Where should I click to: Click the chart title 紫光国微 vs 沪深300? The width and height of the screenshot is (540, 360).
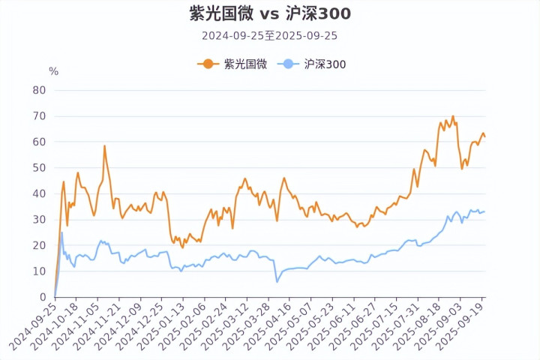click(269, 13)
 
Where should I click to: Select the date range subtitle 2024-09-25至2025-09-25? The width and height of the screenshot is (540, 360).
click(269, 35)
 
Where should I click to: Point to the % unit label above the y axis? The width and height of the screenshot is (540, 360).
click(53, 71)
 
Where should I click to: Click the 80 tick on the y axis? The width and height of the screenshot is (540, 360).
click(39, 90)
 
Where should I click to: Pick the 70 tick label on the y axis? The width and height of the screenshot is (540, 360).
click(39, 116)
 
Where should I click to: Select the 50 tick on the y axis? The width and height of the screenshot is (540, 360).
click(39, 168)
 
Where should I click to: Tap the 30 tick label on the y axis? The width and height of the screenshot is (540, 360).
click(39, 220)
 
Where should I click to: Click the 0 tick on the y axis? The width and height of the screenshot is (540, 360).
click(42, 297)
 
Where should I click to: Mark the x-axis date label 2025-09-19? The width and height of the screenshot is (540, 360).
click(465, 327)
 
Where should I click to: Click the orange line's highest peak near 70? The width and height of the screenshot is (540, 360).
click(453, 116)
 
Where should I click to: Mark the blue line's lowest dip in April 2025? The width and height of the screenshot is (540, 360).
click(277, 282)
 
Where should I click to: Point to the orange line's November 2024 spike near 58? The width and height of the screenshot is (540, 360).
click(104, 146)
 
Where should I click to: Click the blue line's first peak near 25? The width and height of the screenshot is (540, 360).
click(61, 232)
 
